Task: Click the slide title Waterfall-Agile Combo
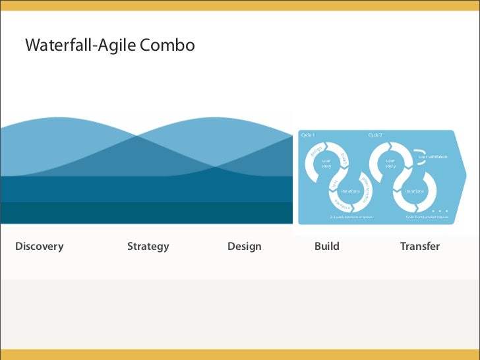click(109, 45)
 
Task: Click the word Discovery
click(40, 247)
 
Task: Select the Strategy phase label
click(148, 247)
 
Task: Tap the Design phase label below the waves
click(244, 247)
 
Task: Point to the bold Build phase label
click(327, 247)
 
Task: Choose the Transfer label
click(419, 247)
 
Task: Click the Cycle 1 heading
click(308, 135)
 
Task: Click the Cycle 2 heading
click(375, 135)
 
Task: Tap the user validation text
click(433, 157)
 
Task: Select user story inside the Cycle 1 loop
click(326, 163)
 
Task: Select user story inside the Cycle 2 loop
click(390, 163)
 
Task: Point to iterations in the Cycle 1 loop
click(350, 191)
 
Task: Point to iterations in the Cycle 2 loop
click(414, 191)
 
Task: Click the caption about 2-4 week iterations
click(351, 216)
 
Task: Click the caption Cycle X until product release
click(427, 216)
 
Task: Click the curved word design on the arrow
click(316, 150)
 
